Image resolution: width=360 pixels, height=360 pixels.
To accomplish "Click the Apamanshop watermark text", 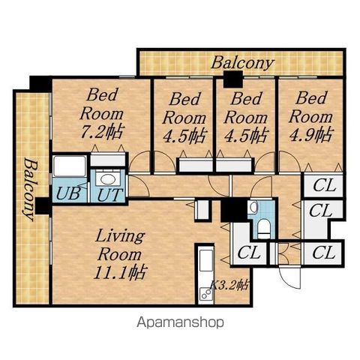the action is [x=180, y=322].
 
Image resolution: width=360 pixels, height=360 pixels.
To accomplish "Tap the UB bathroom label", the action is [x=68, y=193].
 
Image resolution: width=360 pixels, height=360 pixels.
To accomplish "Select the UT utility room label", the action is [x=110, y=195].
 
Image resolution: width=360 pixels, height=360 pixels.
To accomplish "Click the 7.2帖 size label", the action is [x=102, y=131].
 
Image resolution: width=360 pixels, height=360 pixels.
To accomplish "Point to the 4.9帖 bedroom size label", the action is [x=311, y=134].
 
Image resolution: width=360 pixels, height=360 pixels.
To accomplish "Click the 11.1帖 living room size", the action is [x=120, y=272].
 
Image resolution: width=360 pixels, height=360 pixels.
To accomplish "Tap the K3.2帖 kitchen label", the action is [x=229, y=285].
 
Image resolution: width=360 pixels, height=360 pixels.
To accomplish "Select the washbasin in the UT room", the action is [x=107, y=179].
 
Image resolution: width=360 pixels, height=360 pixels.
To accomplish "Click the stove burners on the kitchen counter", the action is [x=206, y=294].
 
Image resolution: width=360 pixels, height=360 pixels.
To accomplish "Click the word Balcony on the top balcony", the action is [x=242, y=62].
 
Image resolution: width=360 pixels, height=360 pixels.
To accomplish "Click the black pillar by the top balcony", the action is [x=233, y=79].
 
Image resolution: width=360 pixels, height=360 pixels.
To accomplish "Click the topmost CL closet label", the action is [x=324, y=185].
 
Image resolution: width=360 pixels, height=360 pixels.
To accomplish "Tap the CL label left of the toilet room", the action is [x=248, y=253].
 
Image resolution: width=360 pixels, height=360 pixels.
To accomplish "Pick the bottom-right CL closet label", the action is [x=323, y=253].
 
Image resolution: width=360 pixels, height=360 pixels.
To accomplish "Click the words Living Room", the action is [x=120, y=245].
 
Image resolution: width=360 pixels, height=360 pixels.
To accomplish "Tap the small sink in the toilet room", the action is [x=253, y=207].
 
